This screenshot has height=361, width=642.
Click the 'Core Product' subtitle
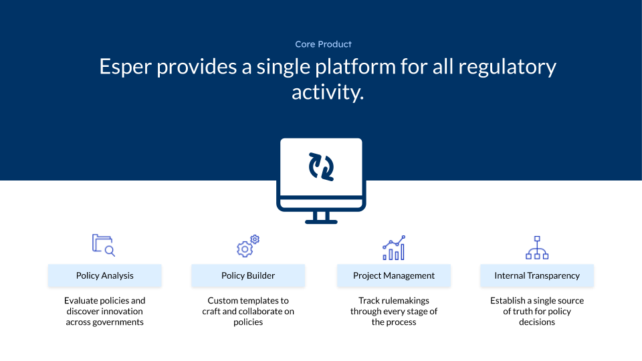pos(324,44)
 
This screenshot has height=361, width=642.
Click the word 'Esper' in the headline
pos(125,67)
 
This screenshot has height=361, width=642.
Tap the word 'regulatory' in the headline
pos(507,68)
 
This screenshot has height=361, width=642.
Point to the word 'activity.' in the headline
pos(328,92)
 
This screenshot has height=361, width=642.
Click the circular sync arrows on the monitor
pos(321,166)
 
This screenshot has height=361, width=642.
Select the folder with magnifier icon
pos(104,245)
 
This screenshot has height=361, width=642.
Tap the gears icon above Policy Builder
pos(248,246)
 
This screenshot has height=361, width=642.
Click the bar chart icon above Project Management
pos(394,247)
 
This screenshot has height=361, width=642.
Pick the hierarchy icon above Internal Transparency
pos(537,247)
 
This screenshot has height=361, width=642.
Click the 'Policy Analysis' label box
pos(105,275)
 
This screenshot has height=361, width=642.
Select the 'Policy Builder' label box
pos(248,275)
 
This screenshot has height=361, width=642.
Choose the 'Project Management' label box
pos(394,275)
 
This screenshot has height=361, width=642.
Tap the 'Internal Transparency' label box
pos(537,275)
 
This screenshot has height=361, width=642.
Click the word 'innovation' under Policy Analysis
pos(121,311)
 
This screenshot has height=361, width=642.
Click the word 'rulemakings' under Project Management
pos(405,301)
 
